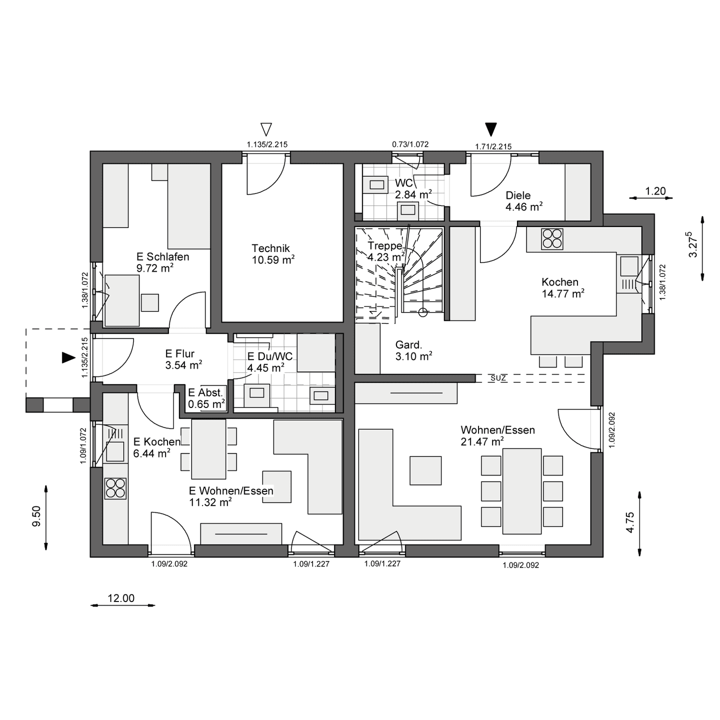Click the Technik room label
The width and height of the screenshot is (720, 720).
270,248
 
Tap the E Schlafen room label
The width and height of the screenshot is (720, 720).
162,256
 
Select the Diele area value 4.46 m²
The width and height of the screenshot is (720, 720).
524,206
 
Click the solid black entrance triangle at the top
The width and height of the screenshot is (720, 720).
490,129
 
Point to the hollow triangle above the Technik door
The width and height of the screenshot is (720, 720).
265,129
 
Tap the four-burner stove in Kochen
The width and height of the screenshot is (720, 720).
552,239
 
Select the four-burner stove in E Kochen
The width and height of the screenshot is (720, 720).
115,488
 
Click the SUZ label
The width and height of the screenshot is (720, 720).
498,378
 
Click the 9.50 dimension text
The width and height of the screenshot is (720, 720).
36,516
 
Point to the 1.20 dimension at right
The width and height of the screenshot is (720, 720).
655,191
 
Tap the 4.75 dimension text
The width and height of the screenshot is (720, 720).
630,522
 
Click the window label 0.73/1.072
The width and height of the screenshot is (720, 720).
410,144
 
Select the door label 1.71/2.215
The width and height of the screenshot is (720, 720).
493,146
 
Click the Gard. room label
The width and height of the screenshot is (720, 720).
408,344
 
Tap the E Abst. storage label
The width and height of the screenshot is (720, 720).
205,392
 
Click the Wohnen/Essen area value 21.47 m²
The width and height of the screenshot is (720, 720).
482,441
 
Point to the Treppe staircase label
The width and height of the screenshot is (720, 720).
385,245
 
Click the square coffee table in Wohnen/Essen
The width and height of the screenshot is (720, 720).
425,470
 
